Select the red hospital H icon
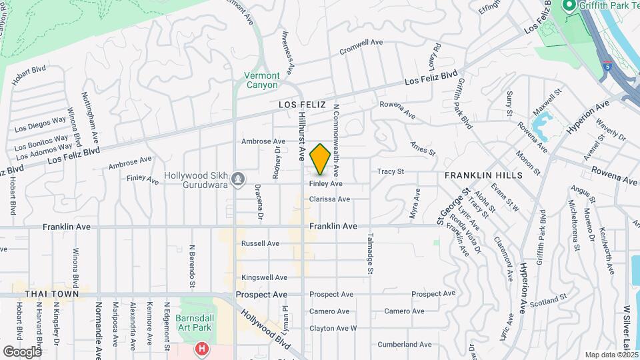coord(201,349)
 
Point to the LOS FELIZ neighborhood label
coord(302,105)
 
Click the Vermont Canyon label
coord(261,80)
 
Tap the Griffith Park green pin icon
coord(569,7)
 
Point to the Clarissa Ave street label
coord(329,199)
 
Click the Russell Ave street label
coord(260,243)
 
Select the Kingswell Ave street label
coord(264,277)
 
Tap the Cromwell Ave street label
coord(361,45)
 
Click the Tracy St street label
coord(391,171)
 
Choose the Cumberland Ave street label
coord(405,345)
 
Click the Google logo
coord(23,351)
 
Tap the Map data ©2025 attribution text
coord(611,355)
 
